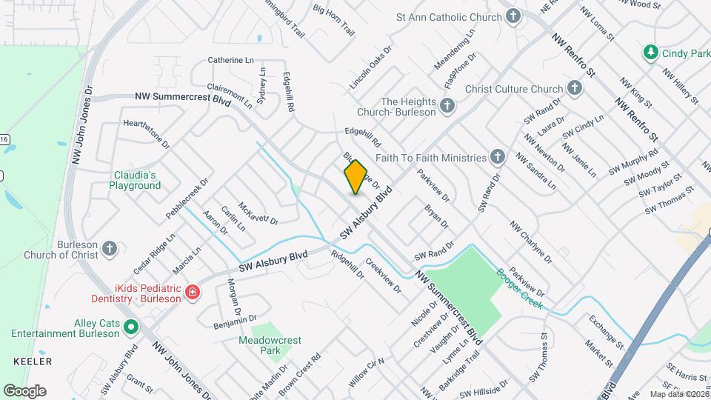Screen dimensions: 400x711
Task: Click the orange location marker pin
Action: click(355, 177)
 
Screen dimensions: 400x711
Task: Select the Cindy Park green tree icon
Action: click(650, 53)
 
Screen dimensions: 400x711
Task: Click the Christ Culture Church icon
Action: click(574, 89)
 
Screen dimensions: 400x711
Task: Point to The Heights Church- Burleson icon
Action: click(447, 107)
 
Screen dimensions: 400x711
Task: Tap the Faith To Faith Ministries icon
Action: click(498, 157)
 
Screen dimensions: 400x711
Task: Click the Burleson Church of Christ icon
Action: click(110, 248)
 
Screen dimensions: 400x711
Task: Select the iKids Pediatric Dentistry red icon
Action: click(193, 293)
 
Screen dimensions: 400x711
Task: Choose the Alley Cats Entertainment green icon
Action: click(131, 327)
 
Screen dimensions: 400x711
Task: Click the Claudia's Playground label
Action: click(136, 180)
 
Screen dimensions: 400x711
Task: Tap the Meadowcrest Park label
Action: click(270, 345)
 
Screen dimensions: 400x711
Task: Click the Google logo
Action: click(24, 390)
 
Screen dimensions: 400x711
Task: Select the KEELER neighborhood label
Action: click(33, 361)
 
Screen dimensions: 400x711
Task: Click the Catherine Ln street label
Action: click(230, 59)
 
